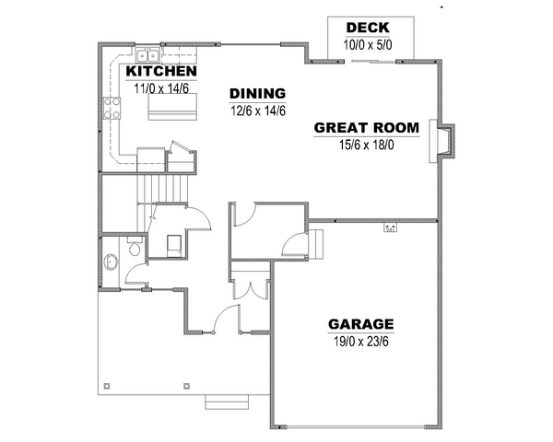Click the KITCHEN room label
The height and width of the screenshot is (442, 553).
(x=161, y=71)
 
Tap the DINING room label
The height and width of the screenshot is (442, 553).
(x=257, y=93)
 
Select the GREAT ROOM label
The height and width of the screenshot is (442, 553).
(x=367, y=128)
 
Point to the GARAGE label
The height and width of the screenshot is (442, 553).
(x=360, y=324)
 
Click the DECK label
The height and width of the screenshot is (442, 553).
(x=368, y=28)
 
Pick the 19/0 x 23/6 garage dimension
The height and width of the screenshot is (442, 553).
(x=361, y=342)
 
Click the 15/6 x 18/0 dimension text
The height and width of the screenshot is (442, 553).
(x=367, y=145)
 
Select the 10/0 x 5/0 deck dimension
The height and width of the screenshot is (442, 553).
(x=368, y=45)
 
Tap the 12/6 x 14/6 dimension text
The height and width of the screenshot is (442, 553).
(x=258, y=110)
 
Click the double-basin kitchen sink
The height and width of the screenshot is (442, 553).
(x=147, y=55)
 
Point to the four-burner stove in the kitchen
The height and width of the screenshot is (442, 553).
(x=112, y=108)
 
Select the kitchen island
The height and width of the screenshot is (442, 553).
(x=172, y=107)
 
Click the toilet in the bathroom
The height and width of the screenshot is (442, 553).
(x=135, y=246)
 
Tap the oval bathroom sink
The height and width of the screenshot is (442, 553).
(x=112, y=262)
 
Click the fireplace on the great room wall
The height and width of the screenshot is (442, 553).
(x=441, y=141)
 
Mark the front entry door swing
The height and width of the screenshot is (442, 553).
(x=227, y=319)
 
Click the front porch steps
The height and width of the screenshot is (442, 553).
(x=227, y=402)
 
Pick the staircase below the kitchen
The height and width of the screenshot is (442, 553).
(x=162, y=190)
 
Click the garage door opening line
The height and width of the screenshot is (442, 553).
(x=356, y=427)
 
